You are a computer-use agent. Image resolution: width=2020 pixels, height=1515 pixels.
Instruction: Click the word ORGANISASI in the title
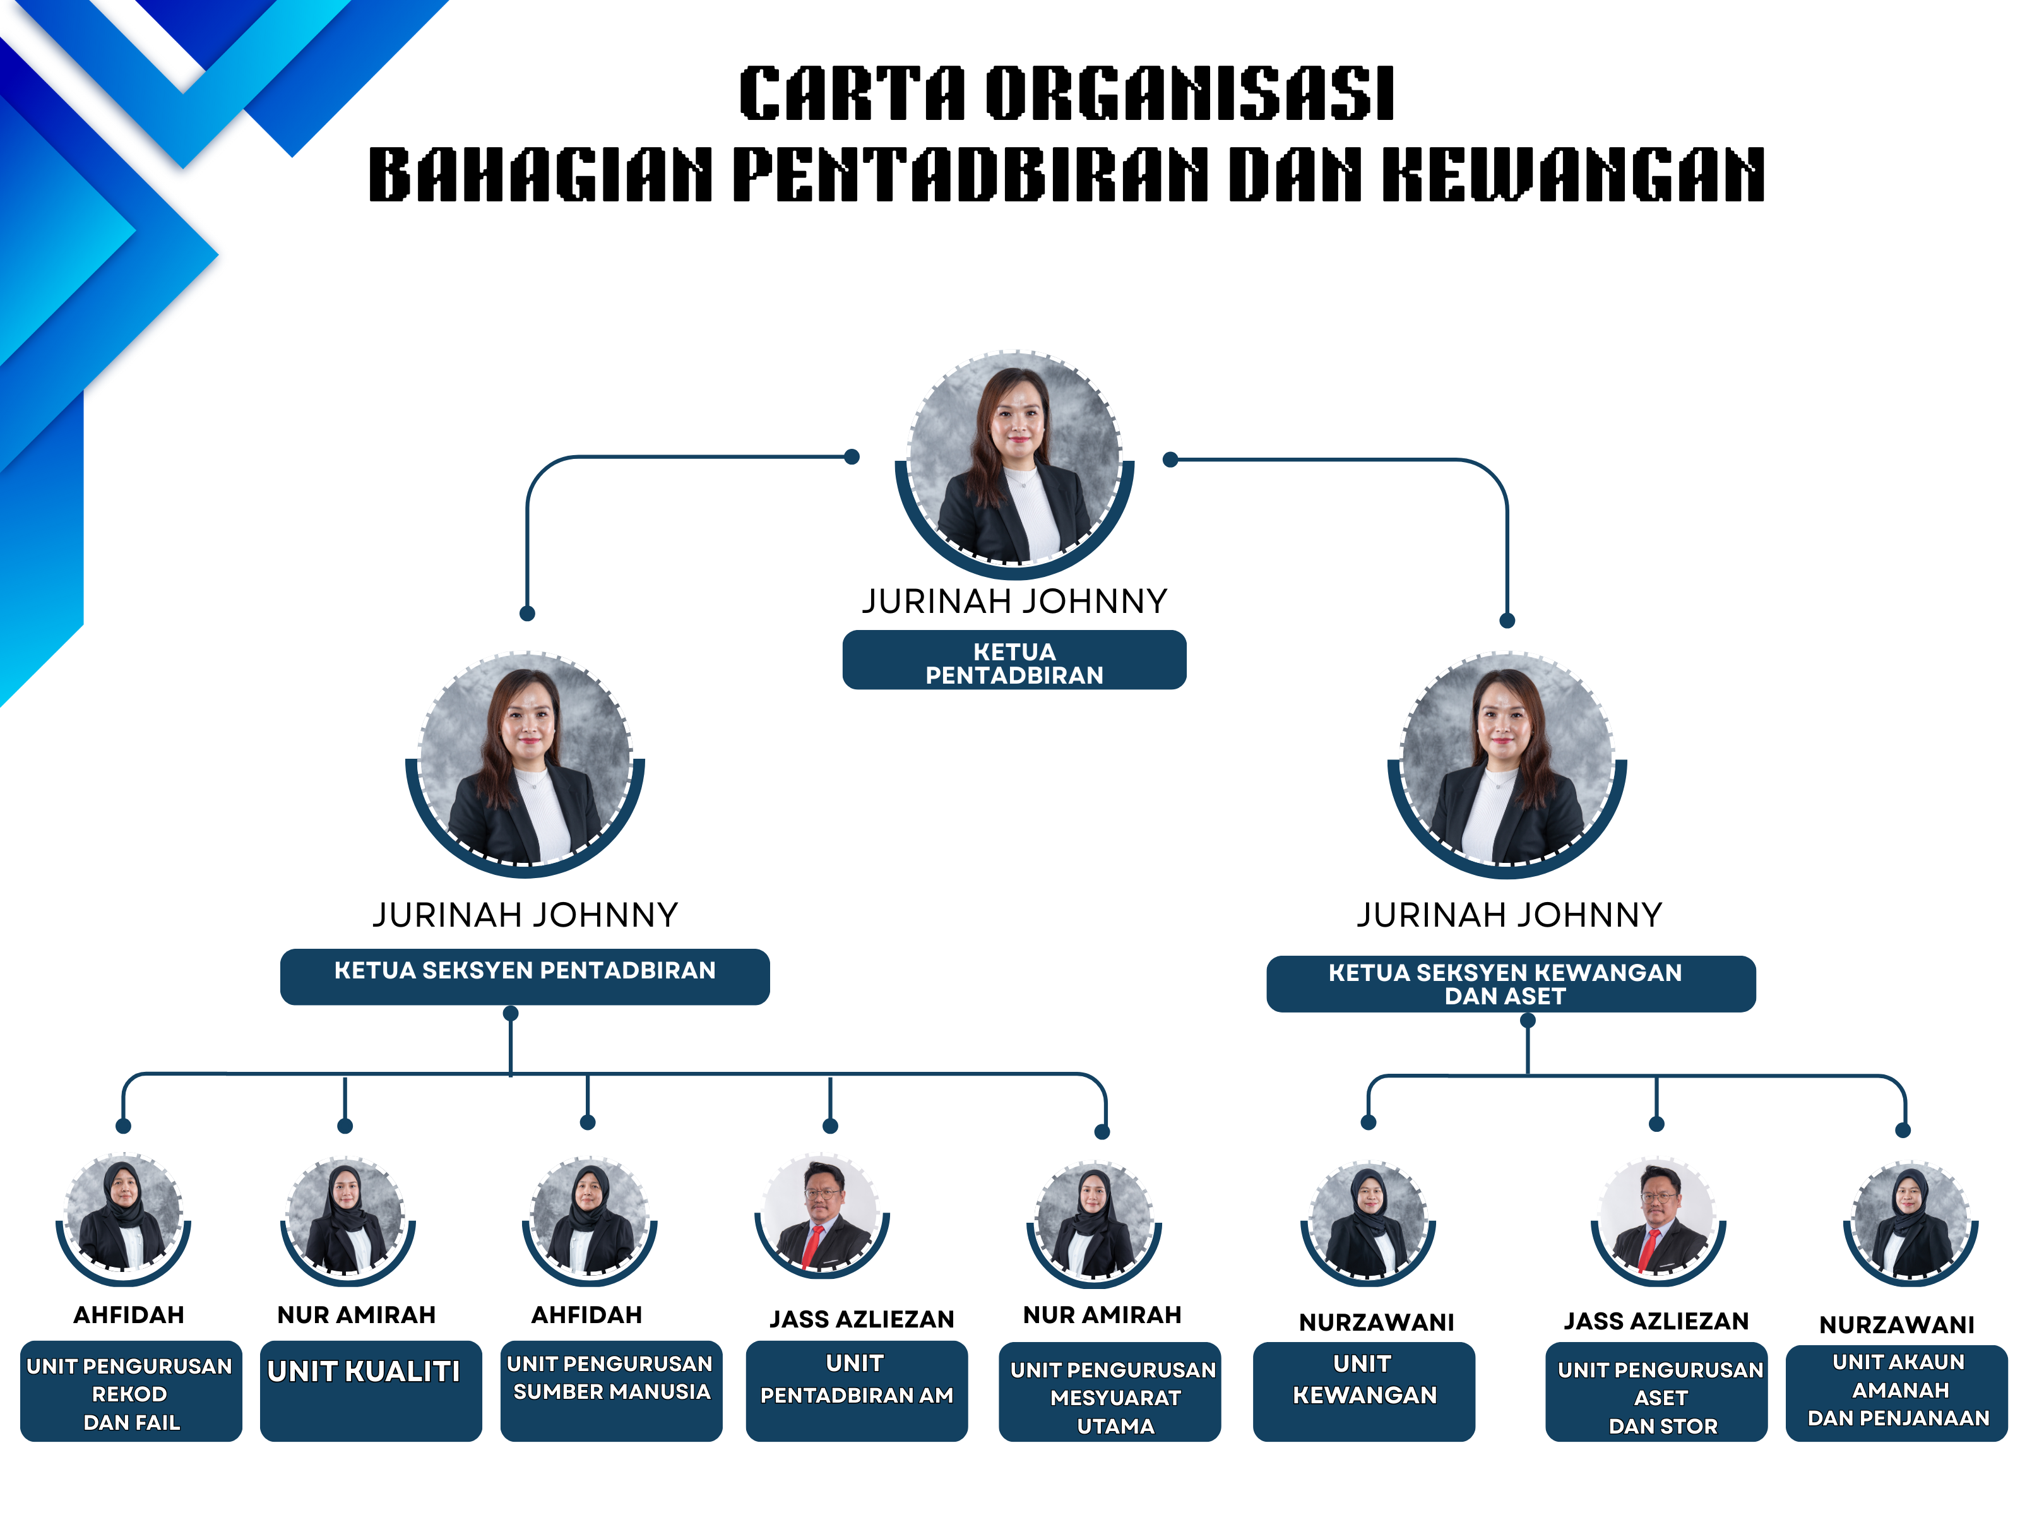click(x=1189, y=93)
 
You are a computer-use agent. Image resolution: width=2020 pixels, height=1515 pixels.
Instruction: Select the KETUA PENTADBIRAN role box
click(x=1014, y=660)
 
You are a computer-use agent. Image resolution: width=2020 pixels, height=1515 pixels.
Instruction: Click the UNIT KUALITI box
click(x=370, y=1390)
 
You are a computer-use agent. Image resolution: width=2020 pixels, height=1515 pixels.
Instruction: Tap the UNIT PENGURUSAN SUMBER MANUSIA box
click(x=611, y=1390)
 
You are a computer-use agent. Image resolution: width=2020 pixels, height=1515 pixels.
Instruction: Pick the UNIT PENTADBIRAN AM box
click(x=856, y=1390)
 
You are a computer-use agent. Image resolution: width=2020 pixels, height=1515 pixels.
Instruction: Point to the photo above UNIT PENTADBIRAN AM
click(x=822, y=1217)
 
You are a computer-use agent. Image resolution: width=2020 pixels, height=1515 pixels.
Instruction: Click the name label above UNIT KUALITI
click(x=356, y=1314)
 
